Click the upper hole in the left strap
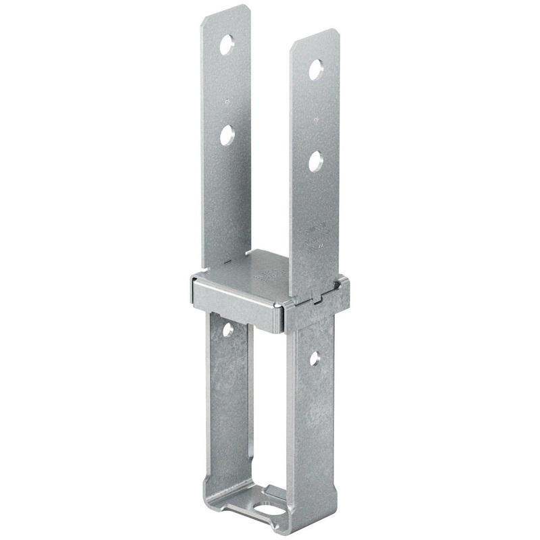pos(227,45)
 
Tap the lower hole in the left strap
pos(227,135)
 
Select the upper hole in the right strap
pos(316,70)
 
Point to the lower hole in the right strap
pos(315,161)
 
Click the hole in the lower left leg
pos(227,330)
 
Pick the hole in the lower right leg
pos(315,358)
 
